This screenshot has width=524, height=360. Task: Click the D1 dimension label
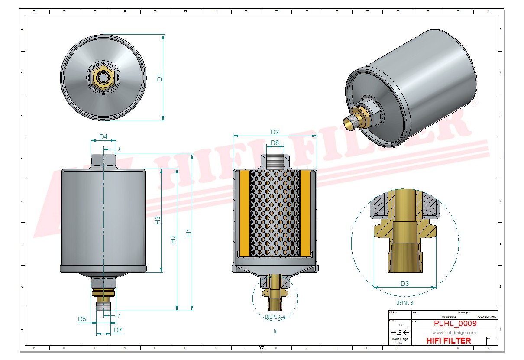(159, 78)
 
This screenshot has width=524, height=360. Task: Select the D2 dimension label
(275, 132)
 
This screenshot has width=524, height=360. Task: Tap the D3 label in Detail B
(404, 284)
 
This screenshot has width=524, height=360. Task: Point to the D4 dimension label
(103, 137)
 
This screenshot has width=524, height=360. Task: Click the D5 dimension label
(82, 319)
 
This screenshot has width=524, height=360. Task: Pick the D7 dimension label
(118, 330)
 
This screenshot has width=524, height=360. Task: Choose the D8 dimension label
(275, 143)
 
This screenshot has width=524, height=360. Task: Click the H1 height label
(188, 233)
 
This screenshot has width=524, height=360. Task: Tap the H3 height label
(158, 220)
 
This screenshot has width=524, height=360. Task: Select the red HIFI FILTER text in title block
(449, 341)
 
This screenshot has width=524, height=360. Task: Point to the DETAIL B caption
(404, 303)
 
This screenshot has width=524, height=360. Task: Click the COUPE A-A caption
(275, 317)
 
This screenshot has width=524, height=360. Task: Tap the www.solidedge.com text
(454, 333)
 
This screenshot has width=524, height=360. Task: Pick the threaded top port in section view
(275, 161)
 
